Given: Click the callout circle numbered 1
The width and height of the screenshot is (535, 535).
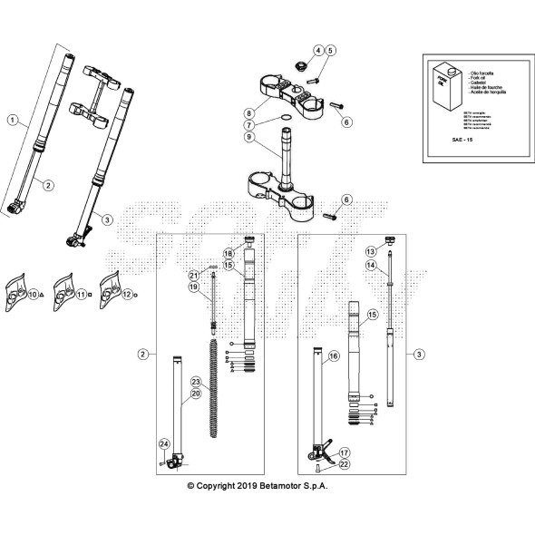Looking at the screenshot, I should [12, 120].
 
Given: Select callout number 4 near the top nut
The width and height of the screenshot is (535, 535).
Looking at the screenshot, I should [318, 50].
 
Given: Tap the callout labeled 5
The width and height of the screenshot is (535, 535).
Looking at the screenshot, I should [331, 50].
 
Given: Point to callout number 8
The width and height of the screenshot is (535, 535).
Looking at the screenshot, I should [248, 113].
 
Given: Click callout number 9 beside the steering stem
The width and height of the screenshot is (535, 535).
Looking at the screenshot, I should [248, 137].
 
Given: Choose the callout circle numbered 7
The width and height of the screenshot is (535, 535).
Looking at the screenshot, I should [248, 125].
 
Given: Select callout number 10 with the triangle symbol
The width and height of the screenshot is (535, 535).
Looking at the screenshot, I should [33, 295].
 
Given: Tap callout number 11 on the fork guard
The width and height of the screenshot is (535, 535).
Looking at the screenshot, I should [81, 295].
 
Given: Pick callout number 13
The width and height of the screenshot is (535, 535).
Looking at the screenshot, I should [370, 250].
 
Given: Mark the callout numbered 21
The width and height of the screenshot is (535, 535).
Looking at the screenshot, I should [193, 275].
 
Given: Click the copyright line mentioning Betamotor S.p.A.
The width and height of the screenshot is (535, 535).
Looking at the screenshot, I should [258, 487].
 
